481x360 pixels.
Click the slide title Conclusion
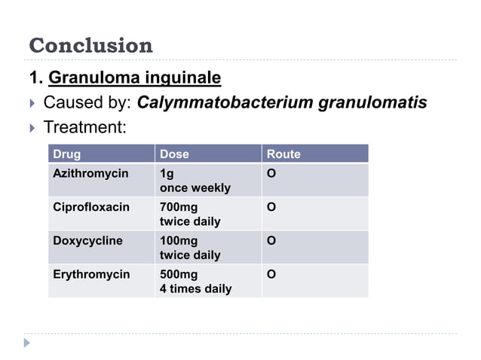click(90, 46)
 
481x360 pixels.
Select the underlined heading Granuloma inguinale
click(134, 78)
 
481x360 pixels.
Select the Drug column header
click(66, 154)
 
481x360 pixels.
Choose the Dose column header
click(174, 154)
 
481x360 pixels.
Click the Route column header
click(283, 154)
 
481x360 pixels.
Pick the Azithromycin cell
click(90, 174)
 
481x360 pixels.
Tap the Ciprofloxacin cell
click(90, 207)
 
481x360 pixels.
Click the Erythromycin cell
click(90, 275)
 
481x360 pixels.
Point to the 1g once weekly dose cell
click(195, 181)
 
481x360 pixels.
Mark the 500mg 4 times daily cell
click(195, 282)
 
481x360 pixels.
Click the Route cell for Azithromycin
click(271, 174)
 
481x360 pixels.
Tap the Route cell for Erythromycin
click(271, 275)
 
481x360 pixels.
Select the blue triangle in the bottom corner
click(27, 343)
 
